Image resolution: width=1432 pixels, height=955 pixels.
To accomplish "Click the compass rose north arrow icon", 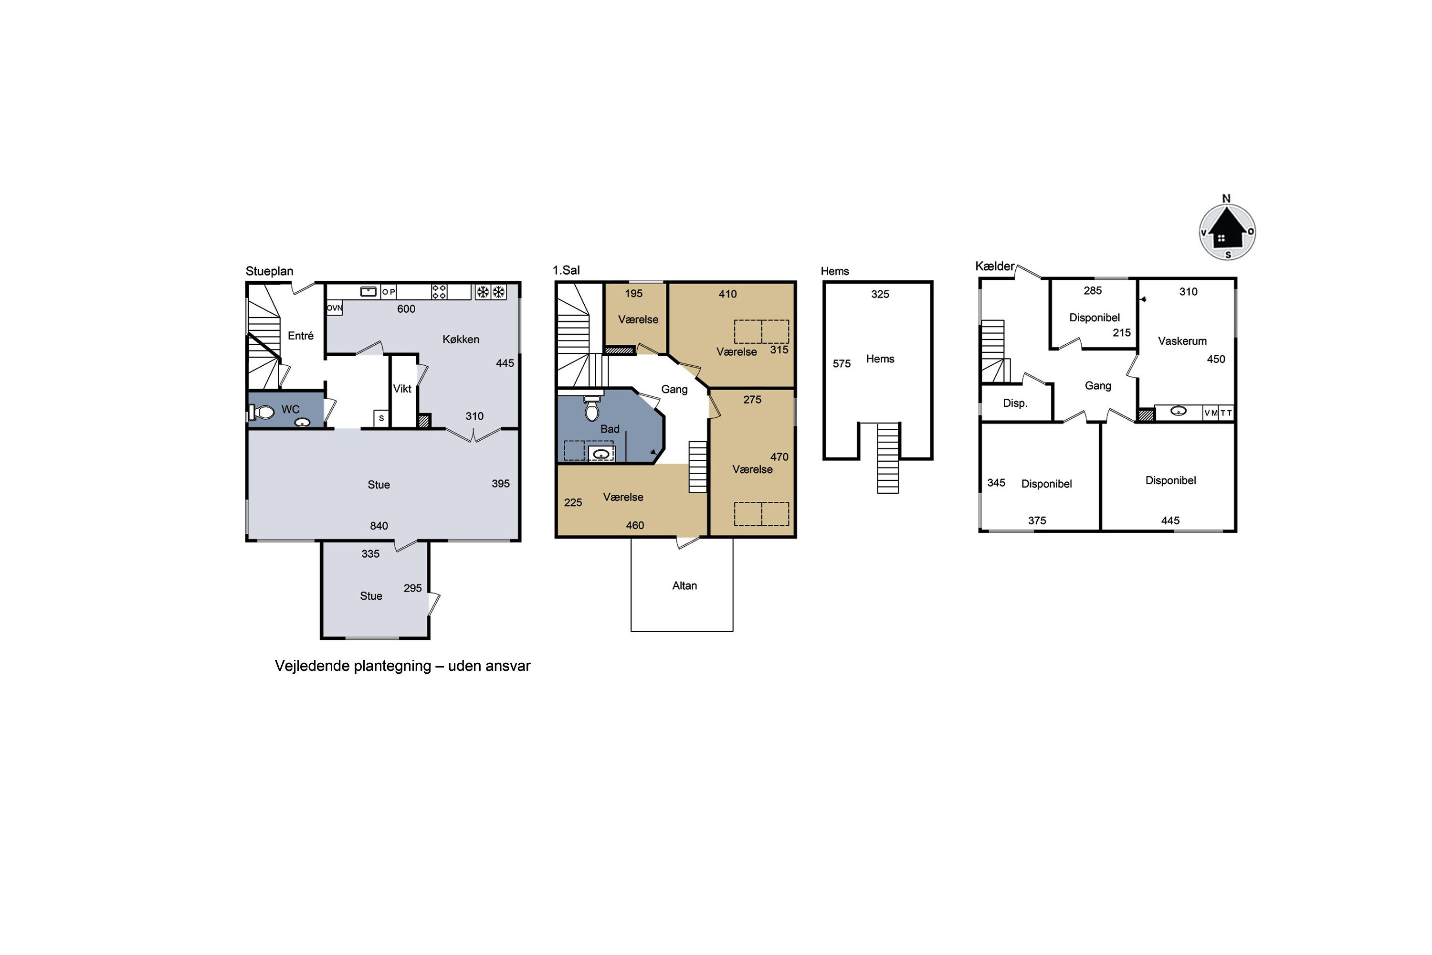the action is click(x=1227, y=232).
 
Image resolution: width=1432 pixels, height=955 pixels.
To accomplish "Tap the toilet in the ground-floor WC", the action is click(x=262, y=413).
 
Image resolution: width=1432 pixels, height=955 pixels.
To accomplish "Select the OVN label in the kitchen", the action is click(x=334, y=308).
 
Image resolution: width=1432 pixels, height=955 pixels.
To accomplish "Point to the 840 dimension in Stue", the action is click(x=379, y=526).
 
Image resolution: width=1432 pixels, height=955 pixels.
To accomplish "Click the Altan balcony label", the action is click(x=684, y=585).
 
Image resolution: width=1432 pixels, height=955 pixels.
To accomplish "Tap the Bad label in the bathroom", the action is click(x=610, y=429).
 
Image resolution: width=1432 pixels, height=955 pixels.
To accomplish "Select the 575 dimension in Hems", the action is click(x=842, y=363).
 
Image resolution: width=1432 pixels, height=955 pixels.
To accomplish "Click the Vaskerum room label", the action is click(x=1182, y=341).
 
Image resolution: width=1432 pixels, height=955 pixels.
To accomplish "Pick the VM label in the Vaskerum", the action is click(x=1211, y=413).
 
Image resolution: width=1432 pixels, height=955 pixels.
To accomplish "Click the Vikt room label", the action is click(x=402, y=389).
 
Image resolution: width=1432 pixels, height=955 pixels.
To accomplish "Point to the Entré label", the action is click(x=300, y=336).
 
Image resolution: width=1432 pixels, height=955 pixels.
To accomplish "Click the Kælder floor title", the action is click(x=994, y=266).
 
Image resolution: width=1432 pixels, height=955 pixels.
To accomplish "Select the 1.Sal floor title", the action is click(x=566, y=270).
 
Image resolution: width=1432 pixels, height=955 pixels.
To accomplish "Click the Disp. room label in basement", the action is click(x=1015, y=403).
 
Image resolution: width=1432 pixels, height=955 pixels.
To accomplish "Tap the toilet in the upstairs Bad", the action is click(x=591, y=407).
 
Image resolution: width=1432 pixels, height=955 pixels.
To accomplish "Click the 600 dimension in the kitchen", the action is click(x=406, y=309).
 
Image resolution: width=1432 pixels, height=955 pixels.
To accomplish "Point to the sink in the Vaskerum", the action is click(x=1178, y=412).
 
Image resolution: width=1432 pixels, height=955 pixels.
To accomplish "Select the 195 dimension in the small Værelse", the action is click(x=633, y=294).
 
